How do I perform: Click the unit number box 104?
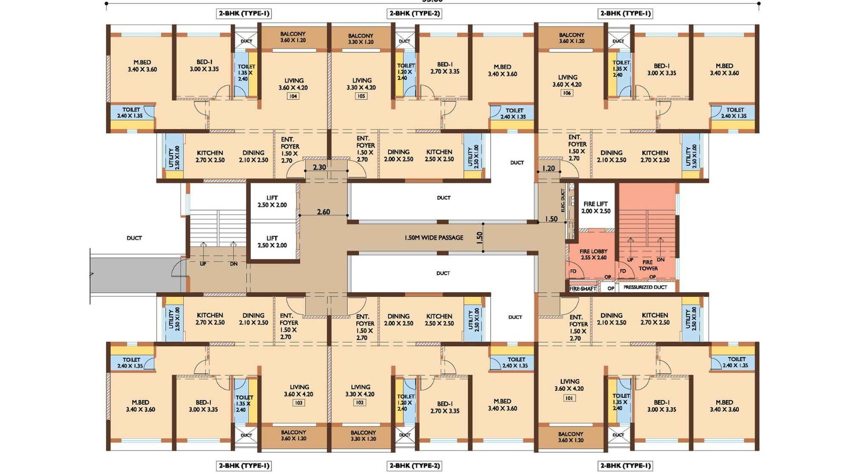pyautogui.click(x=293, y=97)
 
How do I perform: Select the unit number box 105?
pyautogui.click(x=361, y=97)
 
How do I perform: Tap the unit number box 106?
pyautogui.click(x=567, y=93)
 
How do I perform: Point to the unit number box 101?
pyautogui.click(x=569, y=398)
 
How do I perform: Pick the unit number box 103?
pyautogui.click(x=299, y=403)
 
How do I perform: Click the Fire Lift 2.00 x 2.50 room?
pyautogui.click(x=596, y=207)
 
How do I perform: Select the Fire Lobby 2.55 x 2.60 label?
pyautogui.click(x=593, y=254)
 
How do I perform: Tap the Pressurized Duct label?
pyautogui.click(x=645, y=287)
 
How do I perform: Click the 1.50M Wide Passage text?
pyautogui.click(x=433, y=238)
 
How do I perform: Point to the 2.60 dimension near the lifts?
pyautogui.click(x=323, y=212)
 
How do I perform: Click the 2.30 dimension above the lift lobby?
pyautogui.click(x=319, y=167)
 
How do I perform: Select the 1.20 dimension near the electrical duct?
pyautogui.click(x=548, y=168)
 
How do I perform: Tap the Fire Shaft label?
pyautogui.click(x=583, y=288)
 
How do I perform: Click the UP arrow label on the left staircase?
pyautogui.click(x=203, y=264)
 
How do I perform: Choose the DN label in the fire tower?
pyautogui.click(x=660, y=260)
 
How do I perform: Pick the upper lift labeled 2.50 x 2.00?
pyautogui.click(x=272, y=202)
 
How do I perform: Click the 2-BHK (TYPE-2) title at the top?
pyautogui.click(x=414, y=13)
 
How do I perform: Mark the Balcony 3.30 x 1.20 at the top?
pyautogui.click(x=361, y=39)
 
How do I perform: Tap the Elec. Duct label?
pyautogui.click(x=563, y=201)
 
